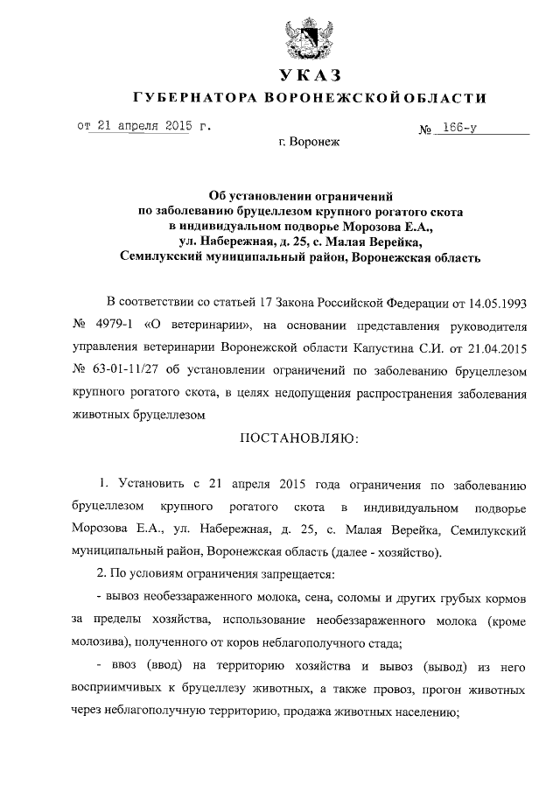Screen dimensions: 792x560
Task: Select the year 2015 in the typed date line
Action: point(175,125)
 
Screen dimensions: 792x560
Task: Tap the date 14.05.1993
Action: point(500,303)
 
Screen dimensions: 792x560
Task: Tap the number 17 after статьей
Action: point(265,303)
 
